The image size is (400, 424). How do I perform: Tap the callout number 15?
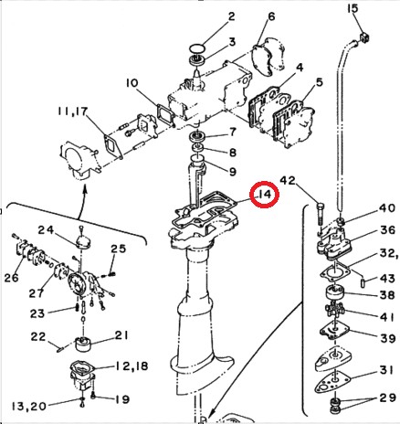[353, 8]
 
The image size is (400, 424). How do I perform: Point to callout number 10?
[132, 83]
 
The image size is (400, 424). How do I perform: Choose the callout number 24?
[47, 229]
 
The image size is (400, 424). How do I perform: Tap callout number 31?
[386, 370]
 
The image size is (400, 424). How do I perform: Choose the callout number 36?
[387, 229]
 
